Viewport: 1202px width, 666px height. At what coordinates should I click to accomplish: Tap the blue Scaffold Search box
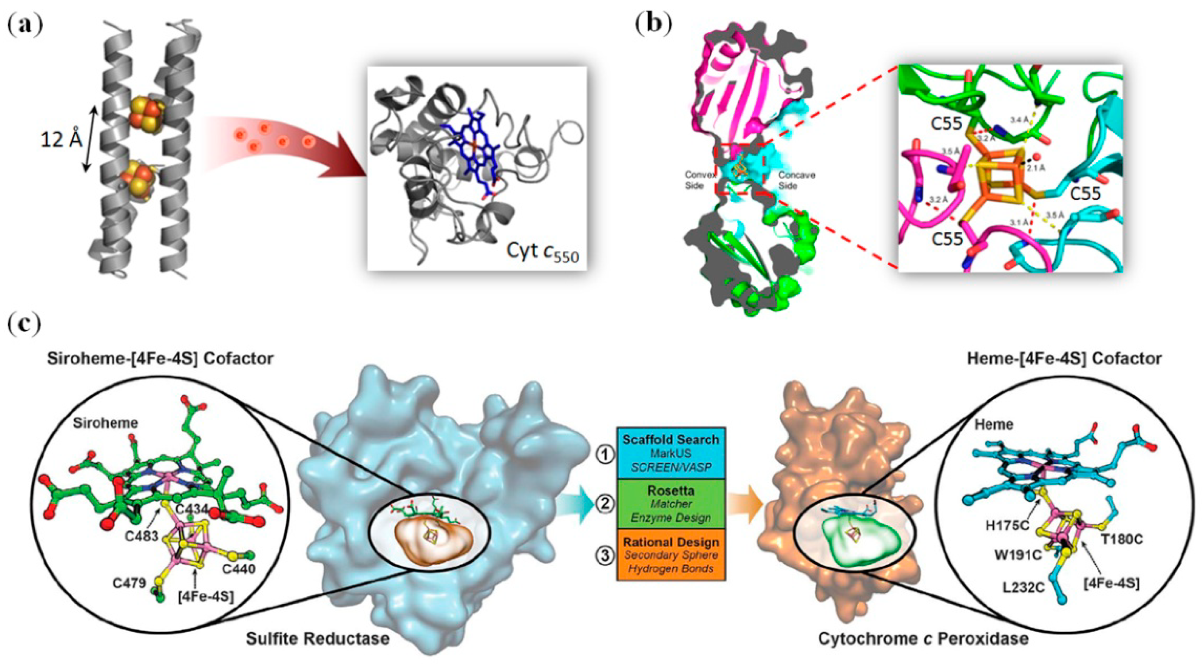671,453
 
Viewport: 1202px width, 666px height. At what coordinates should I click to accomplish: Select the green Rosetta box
671,504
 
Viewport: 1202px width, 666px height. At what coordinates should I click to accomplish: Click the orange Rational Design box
671,555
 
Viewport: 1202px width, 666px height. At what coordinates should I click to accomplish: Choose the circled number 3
605,556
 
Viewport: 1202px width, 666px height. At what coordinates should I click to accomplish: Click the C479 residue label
129,583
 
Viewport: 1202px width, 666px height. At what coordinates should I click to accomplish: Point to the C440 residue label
238,569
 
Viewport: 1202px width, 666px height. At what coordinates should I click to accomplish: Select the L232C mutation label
1023,587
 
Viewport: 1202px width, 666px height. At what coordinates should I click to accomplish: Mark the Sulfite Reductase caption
318,638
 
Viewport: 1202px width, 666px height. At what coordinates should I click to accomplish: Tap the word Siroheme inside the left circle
106,423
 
